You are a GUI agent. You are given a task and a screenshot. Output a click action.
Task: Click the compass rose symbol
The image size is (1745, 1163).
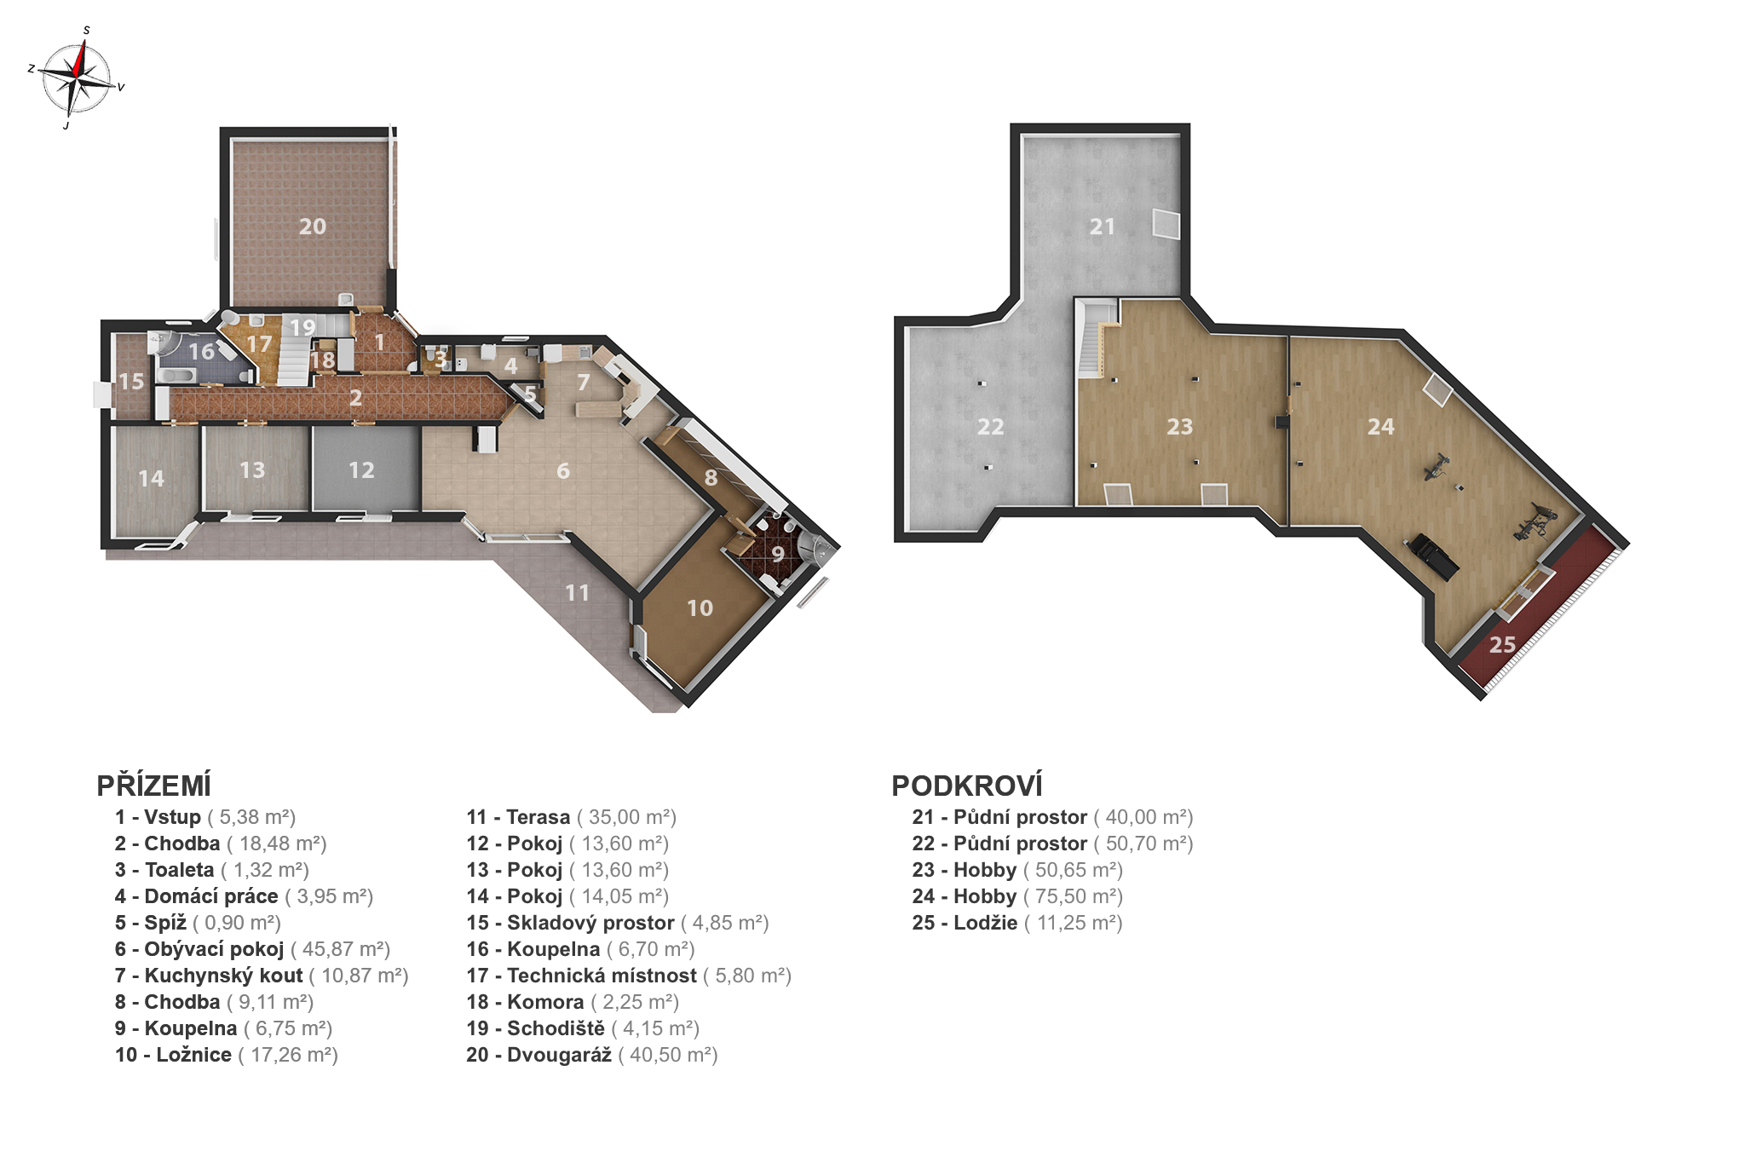coord(77,78)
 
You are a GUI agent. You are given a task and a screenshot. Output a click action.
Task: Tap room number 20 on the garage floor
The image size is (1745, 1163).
coord(313,227)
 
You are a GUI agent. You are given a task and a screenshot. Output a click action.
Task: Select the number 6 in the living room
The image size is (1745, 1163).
coord(563,471)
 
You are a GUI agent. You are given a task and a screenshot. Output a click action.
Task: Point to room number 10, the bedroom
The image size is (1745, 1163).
coord(700,608)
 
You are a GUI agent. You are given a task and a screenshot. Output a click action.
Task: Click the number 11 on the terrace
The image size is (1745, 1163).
coord(578,593)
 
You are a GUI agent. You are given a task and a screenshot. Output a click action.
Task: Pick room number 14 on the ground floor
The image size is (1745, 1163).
coord(152,479)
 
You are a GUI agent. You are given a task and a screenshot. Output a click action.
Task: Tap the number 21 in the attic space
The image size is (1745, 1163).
coord(1103,227)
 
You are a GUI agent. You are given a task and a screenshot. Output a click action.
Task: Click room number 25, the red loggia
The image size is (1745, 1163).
coord(1503,645)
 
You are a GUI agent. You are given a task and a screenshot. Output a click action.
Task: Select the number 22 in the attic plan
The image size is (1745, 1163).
coord(991,427)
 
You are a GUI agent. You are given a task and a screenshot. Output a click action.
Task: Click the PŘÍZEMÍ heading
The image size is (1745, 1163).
coord(154,786)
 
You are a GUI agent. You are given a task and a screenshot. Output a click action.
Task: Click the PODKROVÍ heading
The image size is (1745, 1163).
coord(967,786)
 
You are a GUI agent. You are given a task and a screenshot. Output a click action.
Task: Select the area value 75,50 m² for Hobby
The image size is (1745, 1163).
coord(1073,896)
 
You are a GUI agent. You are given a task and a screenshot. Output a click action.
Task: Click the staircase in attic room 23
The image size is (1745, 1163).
coord(1096,337)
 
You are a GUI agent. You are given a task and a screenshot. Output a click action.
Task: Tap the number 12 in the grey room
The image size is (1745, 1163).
coord(361,470)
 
